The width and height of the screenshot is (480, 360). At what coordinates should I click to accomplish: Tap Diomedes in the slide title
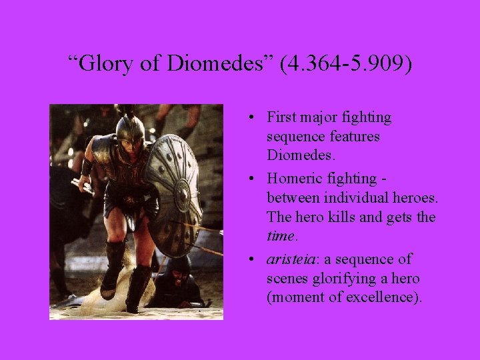[216, 64]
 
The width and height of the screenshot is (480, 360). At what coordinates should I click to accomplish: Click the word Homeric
[293, 179]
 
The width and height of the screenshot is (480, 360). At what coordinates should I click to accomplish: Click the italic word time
[280, 236]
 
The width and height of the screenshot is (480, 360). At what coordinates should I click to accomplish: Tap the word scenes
[285, 277]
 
